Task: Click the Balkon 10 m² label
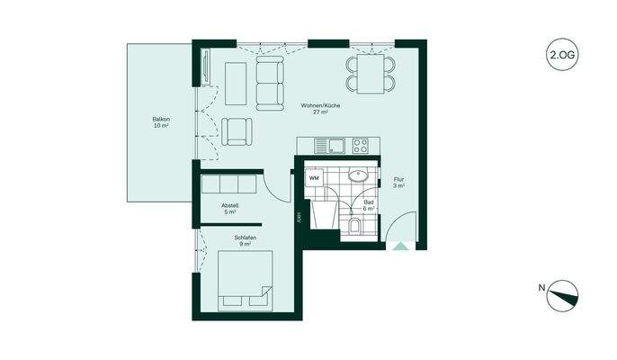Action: [x=161, y=123]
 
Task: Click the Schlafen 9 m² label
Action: [x=245, y=240]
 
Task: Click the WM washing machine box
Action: [x=314, y=178]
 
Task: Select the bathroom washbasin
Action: [x=358, y=176]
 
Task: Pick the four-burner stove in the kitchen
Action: [x=364, y=144]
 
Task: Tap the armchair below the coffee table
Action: [x=237, y=131]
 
